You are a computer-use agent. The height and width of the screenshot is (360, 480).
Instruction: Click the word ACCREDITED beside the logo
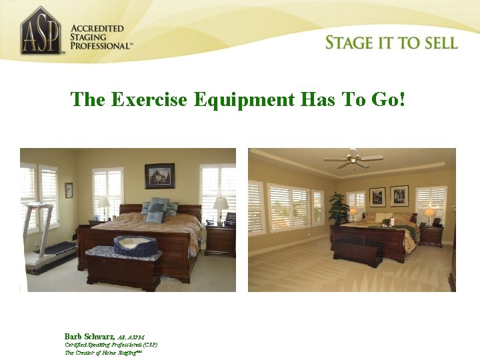(97, 29)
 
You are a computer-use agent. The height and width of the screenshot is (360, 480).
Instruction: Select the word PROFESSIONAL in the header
(101, 46)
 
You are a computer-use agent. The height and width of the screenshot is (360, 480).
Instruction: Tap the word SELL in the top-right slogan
(437, 43)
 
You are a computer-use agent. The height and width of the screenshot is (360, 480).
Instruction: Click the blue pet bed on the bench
(135, 245)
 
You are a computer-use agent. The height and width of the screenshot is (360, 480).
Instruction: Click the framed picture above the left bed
(159, 176)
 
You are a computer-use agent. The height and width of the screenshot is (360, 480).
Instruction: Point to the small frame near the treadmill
(69, 190)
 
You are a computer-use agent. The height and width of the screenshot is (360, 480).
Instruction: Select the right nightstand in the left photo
(220, 240)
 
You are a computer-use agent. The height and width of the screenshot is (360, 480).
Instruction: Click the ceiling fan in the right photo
(353, 159)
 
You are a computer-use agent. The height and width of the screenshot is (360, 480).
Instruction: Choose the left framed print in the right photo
(377, 197)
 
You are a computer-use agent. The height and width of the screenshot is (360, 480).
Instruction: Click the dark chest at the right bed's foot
(359, 252)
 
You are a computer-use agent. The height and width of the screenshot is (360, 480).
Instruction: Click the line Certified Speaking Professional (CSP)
(111, 345)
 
